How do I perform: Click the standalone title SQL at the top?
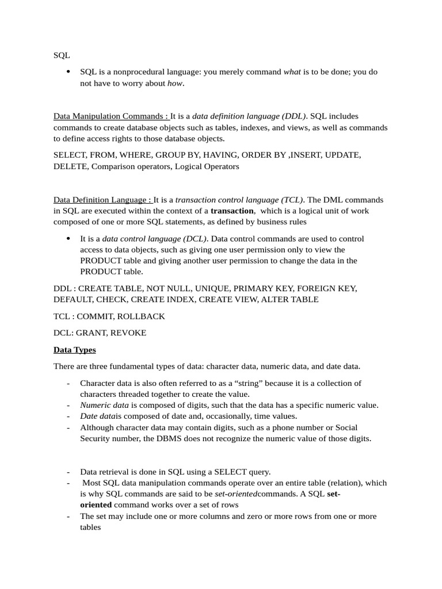point(62,55)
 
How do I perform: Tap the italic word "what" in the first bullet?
point(292,72)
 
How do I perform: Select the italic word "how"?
point(175,83)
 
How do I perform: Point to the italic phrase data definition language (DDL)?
point(249,116)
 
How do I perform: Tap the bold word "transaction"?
point(233,211)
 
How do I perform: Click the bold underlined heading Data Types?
point(75,350)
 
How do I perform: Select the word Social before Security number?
point(343,427)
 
